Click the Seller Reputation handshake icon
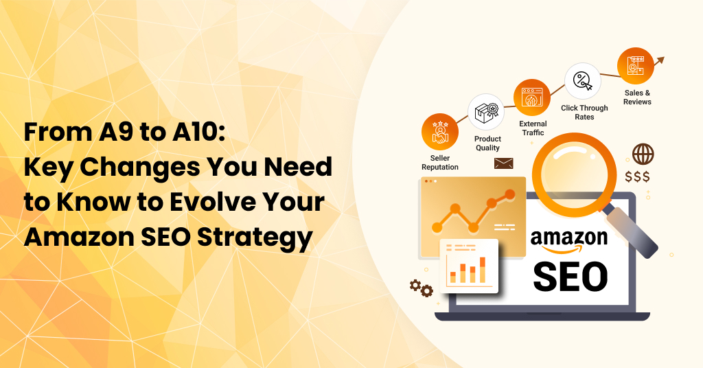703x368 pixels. (440, 132)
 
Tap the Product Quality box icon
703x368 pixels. (486, 112)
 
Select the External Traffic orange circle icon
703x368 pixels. (532, 97)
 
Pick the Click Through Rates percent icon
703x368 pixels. (582, 81)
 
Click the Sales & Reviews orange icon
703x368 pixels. (635, 66)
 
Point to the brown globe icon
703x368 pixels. (643, 154)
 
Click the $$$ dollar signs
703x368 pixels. (638, 176)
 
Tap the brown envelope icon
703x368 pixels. (503, 163)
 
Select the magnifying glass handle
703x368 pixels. (632, 233)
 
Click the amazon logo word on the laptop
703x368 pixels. (569, 240)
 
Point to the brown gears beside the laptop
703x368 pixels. (422, 288)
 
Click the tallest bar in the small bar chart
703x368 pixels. (483, 270)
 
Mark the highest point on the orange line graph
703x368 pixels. (509, 194)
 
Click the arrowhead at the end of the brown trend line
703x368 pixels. (660, 60)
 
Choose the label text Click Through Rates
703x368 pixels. (584, 113)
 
